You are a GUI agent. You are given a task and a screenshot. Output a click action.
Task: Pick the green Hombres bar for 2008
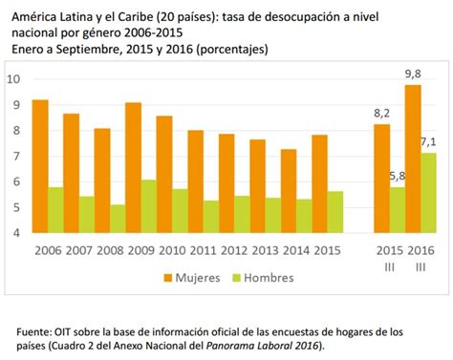pyautogui.click(x=118, y=219)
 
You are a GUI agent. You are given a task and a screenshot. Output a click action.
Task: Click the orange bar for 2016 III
pyautogui.click(x=413, y=159)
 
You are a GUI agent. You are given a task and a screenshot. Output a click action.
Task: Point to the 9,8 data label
pyautogui.click(x=413, y=73)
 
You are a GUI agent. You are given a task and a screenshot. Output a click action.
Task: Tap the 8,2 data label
pyautogui.click(x=380, y=113)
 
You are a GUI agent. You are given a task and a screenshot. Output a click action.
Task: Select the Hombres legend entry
pyautogui.click(x=262, y=278)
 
